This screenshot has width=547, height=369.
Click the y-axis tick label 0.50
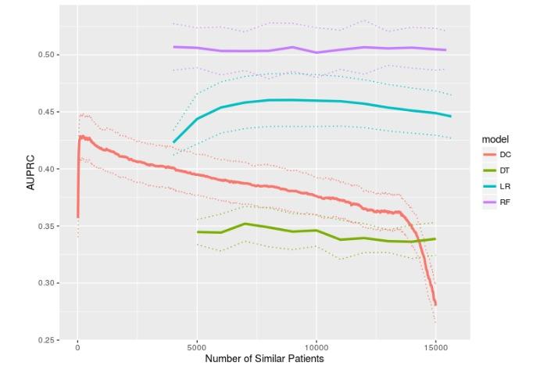(46, 55)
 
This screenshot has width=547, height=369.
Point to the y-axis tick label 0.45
(46, 112)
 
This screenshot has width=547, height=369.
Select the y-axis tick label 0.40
(46, 169)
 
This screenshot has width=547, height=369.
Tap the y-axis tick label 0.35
(46, 226)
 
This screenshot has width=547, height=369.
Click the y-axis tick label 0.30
(46, 283)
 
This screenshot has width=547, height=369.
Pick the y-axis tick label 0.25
(46, 340)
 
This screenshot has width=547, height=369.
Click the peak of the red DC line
(80, 136)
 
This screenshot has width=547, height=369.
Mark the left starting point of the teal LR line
(173, 142)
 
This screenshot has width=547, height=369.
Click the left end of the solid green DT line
(197, 231)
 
